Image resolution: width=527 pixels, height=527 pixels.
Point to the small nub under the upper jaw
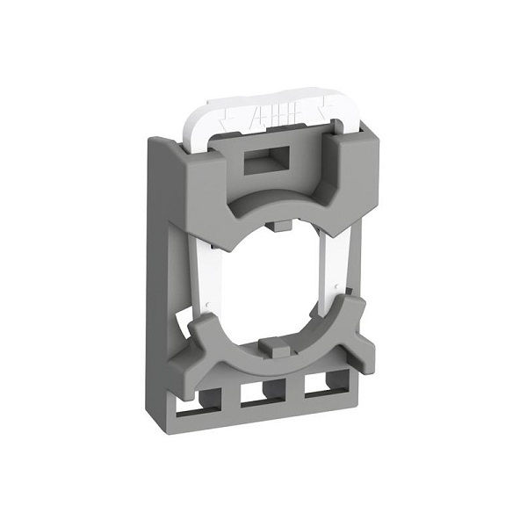279,227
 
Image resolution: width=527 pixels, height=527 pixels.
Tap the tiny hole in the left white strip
206,307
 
